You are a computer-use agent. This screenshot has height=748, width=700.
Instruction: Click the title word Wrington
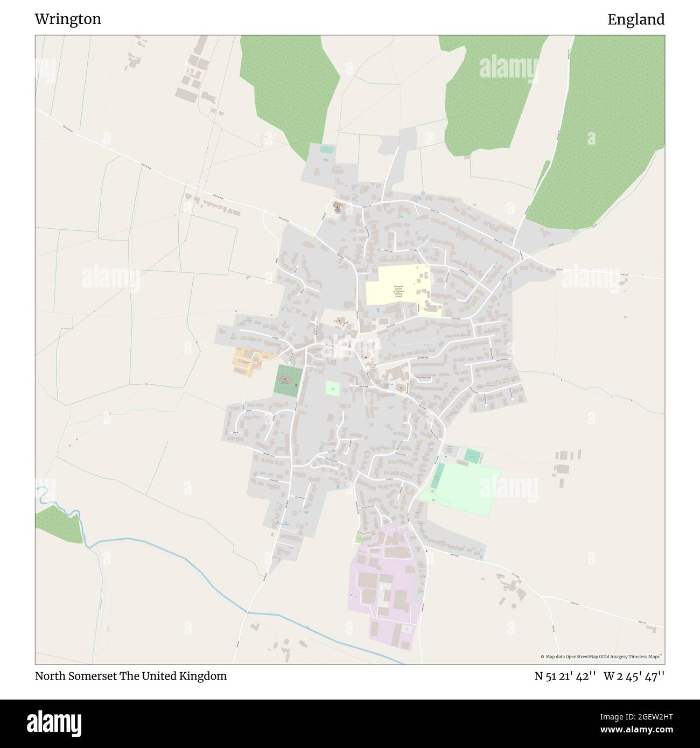click(x=68, y=19)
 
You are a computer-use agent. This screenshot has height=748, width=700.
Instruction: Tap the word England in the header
click(x=636, y=19)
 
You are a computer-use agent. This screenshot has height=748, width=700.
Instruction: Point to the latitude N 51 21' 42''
click(x=565, y=676)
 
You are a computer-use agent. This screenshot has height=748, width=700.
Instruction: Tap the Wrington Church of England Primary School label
click(x=398, y=291)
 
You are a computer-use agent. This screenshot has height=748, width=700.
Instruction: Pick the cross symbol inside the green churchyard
click(x=285, y=379)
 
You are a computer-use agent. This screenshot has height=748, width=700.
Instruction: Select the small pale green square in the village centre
click(x=332, y=389)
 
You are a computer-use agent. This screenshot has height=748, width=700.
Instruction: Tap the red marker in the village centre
click(x=366, y=357)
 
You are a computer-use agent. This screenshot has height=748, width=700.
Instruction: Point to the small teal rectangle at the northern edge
click(x=327, y=149)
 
